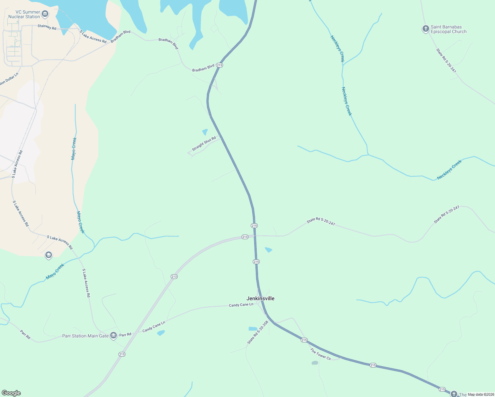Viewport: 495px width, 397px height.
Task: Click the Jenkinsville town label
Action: coord(260,298)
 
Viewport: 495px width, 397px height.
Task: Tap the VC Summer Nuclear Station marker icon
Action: coord(45,14)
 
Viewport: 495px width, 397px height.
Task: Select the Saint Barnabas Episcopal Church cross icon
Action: coord(426,29)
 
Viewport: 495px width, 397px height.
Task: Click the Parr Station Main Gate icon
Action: coord(113,336)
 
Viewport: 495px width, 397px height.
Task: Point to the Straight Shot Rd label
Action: coord(204,144)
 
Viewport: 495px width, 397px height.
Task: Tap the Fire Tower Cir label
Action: coord(321,354)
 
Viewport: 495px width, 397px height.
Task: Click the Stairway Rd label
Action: coord(47,27)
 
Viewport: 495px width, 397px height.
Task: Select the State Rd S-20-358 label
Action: coord(257,332)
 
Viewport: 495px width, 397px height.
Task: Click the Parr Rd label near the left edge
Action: coord(25,334)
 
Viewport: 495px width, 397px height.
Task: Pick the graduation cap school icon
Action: coord(49,255)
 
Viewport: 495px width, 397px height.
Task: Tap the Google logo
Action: coord(11,393)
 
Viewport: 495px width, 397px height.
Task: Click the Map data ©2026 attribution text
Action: coord(480,394)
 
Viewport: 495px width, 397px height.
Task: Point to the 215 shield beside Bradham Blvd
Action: coord(220,65)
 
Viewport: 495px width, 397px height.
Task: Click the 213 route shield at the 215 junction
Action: coord(245,237)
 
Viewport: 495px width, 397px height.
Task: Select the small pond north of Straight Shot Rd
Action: coord(205,132)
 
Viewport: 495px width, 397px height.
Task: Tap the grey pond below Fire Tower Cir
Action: coord(315,363)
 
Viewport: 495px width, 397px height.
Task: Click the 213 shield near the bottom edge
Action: coord(122,354)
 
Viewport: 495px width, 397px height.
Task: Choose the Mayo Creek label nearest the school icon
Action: coord(55,271)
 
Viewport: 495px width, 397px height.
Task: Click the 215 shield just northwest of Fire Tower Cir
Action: coord(304,340)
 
